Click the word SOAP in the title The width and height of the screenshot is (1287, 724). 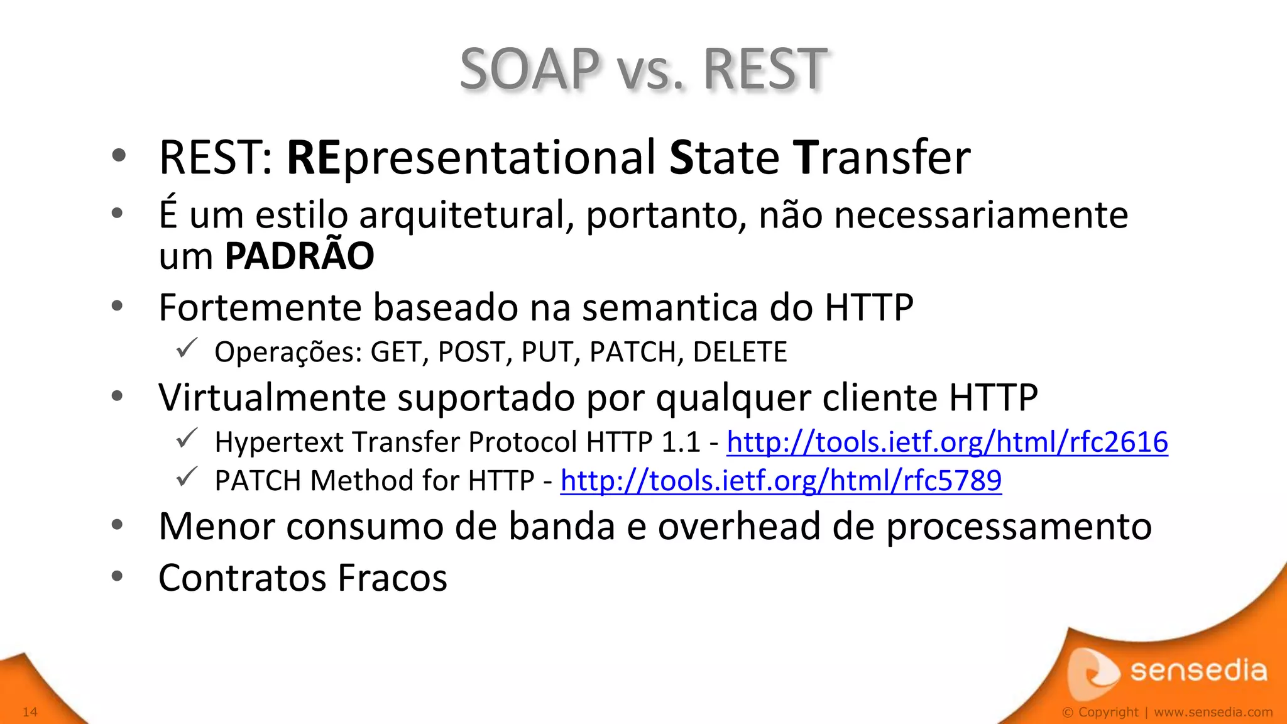pos(530,69)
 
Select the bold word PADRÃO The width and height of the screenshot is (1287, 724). pos(299,256)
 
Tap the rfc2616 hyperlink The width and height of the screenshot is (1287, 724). pos(947,442)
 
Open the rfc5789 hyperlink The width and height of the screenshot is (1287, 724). pos(780,481)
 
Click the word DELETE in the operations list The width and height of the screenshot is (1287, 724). pos(740,352)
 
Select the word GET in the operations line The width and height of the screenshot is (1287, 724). pos(395,352)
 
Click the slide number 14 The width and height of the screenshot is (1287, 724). pos(30,711)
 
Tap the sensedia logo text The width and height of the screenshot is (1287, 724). pos(1198,671)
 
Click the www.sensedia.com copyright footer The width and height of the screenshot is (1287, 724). pos(1213,712)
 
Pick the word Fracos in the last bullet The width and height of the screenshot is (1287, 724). pos(392,578)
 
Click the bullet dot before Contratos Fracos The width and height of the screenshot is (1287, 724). pos(117,576)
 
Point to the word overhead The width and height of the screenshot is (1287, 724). pos(739,526)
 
